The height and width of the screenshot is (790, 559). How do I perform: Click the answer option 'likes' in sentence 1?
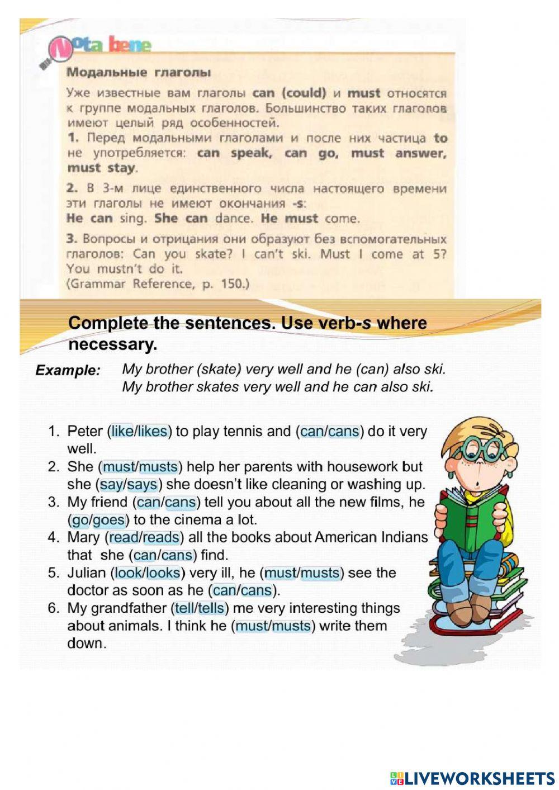coord(153,431)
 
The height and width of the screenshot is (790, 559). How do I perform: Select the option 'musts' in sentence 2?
coord(158,466)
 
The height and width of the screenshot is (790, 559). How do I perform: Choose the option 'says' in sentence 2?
coord(143,484)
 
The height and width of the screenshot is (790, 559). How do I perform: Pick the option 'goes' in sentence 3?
coord(108,520)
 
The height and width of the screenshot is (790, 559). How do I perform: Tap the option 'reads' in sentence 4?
coord(161,537)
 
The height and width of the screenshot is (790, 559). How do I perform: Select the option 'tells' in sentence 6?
coord(211,608)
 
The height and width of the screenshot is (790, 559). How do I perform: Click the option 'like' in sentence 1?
coord(122,431)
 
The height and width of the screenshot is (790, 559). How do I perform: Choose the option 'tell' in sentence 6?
coord(183,608)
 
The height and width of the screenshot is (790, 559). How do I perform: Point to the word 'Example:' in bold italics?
coord(68,370)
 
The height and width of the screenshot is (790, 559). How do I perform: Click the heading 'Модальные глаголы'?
coord(139,72)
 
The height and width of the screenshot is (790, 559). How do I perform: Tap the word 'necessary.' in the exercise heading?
coord(112,344)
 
